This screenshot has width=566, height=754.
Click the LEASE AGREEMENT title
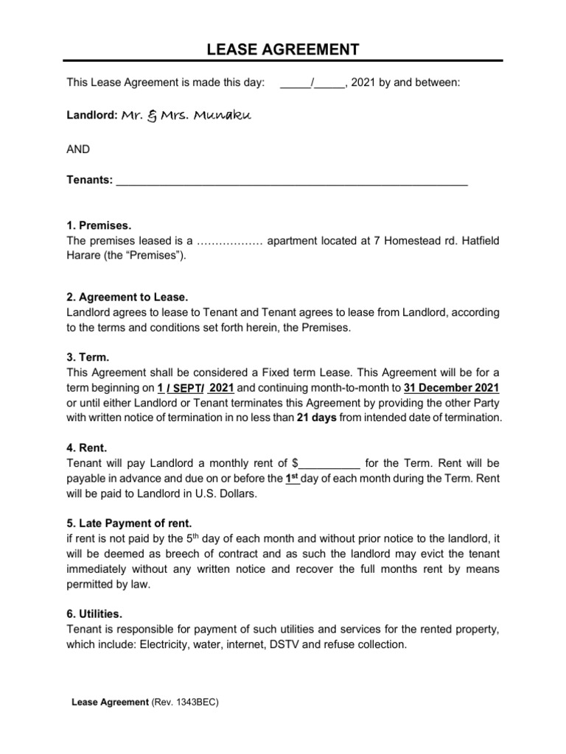pyautogui.click(x=283, y=49)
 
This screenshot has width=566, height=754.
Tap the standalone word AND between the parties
pyautogui.click(x=78, y=149)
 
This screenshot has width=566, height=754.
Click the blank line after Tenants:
pyautogui.click(x=292, y=181)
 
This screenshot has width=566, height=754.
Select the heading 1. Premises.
pyautogui.click(x=99, y=225)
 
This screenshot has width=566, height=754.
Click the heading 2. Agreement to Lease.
pyautogui.click(x=127, y=297)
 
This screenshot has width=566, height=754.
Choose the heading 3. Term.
pyautogui.click(x=87, y=356)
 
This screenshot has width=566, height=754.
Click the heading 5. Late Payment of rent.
pyautogui.click(x=128, y=524)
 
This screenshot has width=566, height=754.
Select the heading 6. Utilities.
pyautogui.click(x=94, y=613)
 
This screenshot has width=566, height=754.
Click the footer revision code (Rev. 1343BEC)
pyautogui.click(x=185, y=702)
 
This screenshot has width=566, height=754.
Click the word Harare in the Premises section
pyautogui.click(x=84, y=256)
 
